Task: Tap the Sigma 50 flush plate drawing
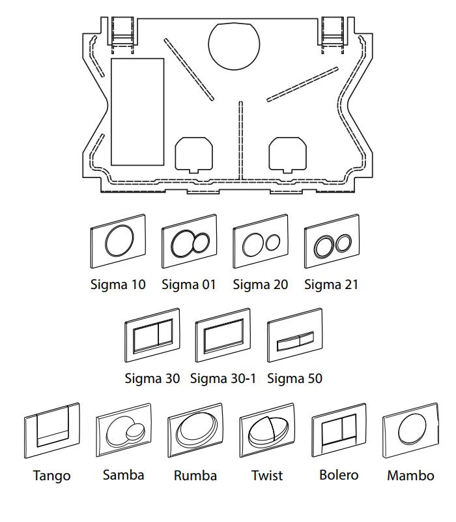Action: pos(295,339)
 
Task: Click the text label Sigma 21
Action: pos(332,284)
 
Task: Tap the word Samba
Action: pos(123,474)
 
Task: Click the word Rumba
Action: pos(195,475)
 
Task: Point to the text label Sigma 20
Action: pos(260,284)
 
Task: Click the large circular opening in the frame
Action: pos(234,45)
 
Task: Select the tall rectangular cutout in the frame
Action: pos(137,111)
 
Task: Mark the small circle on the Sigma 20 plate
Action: pos(272,243)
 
